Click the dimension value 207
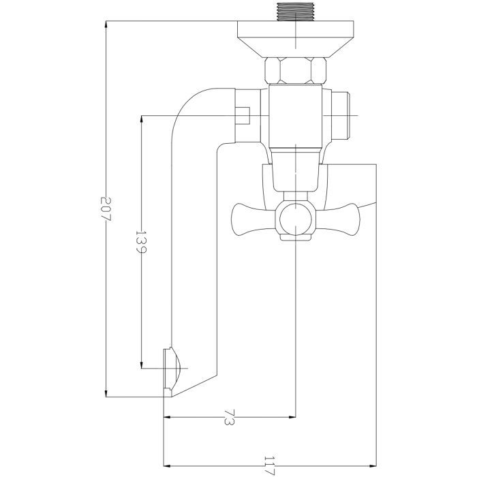106,209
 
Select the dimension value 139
141,241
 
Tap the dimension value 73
230,417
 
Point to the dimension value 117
269,466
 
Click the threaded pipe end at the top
295,12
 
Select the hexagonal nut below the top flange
295,70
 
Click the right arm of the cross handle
337,219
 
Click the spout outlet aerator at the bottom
172,368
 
